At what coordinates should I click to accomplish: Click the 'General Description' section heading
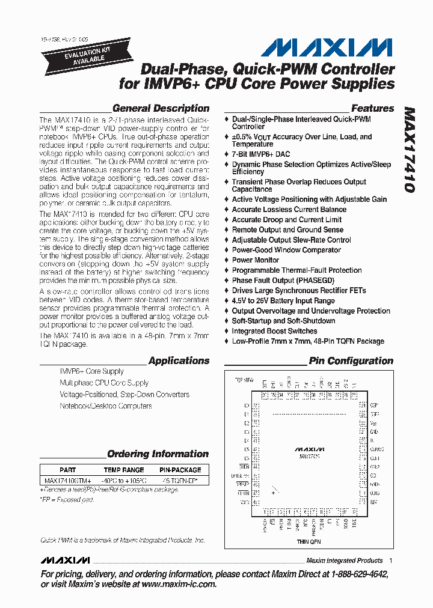(x=161, y=109)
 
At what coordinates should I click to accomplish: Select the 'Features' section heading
(x=372, y=109)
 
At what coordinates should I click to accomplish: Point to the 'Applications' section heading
(x=179, y=361)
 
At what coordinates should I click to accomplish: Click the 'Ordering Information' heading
(x=158, y=454)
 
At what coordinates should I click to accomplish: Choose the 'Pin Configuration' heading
(x=351, y=361)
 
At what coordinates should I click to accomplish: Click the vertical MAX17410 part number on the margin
(x=410, y=150)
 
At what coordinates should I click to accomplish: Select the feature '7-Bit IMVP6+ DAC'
(x=261, y=154)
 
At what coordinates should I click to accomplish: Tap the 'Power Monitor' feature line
(x=256, y=260)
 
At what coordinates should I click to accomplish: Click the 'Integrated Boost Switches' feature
(x=274, y=331)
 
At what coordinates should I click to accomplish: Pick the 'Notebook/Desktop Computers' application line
(x=105, y=406)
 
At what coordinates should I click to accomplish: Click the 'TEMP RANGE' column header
(x=124, y=470)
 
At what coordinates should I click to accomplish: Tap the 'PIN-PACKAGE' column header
(x=180, y=470)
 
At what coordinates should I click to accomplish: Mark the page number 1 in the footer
(x=390, y=561)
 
